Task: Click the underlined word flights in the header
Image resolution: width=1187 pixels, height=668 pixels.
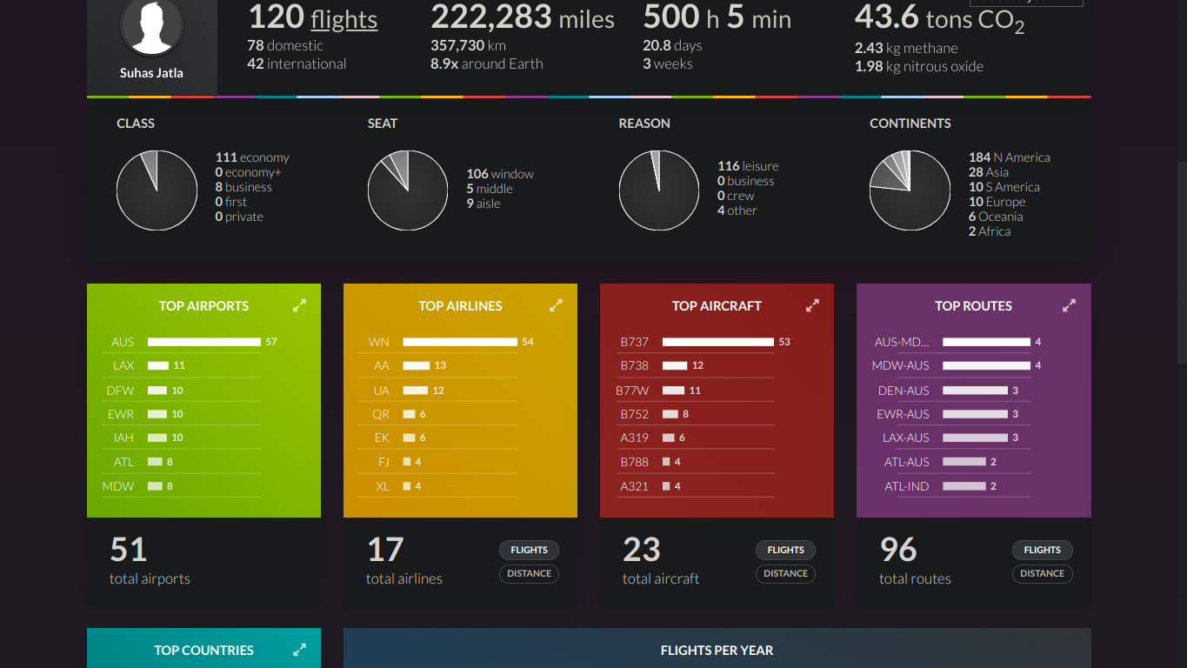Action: pos(343,19)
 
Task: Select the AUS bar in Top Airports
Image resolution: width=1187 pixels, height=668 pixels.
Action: pos(203,342)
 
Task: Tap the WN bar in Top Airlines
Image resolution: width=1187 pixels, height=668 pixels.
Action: pos(460,342)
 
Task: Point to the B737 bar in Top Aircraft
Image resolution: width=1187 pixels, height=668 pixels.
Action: pos(717,342)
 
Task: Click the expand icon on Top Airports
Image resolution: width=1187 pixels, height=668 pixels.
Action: pos(299,305)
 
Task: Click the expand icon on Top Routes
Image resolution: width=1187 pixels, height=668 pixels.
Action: pos(1069,305)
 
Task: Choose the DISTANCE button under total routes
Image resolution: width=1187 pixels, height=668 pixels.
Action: pos(1042,573)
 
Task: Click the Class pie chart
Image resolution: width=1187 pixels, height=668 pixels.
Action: pos(157,190)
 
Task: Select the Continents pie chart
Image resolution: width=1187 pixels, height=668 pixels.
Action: pos(910,190)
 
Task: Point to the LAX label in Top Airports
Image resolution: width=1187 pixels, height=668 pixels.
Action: pos(123,366)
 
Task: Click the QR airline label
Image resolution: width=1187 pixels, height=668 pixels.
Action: pos(381,414)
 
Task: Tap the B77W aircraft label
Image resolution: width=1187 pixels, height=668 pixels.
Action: pos(632,391)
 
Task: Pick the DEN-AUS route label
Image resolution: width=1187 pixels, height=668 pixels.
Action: pos(903,391)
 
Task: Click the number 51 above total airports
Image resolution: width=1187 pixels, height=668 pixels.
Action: pos(129,550)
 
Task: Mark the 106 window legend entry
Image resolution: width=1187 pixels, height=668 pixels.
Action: pos(500,174)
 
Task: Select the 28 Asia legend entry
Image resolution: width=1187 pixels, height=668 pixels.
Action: pos(989,172)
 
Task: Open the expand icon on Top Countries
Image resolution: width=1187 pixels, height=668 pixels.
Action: pos(299,650)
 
